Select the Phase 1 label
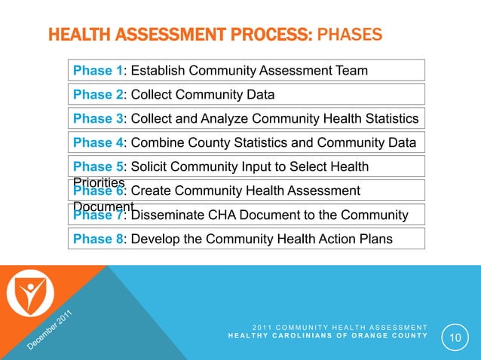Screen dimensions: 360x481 point(98,71)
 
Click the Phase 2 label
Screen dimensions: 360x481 point(98,95)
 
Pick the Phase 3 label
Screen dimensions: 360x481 point(98,119)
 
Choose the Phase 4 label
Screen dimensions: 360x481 point(98,143)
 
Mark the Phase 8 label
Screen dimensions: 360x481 point(98,239)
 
